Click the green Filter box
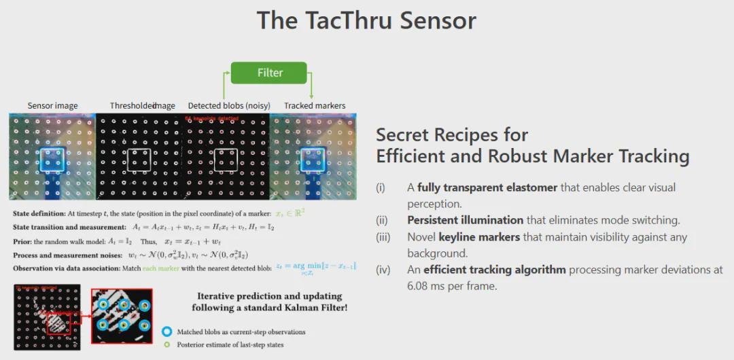pyautogui.click(x=270, y=73)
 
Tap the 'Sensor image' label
pyautogui.click(x=52, y=106)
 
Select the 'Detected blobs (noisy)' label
pyautogui.click(x=229, y=106)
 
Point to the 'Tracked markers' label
pyautogui.click(x=315, y=106)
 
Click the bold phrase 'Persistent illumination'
pyautogui.click(x=465, y=220)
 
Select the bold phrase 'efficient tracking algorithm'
pyautogui.click(x=494, y=270)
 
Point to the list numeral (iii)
pyautogui.click(x=384, y=237)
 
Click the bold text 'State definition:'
pyautogui.click(x=39, y=214)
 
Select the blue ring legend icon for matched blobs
pyautogui.click(x=167, y=332)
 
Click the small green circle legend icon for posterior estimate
pyautogui.click(x=167, y=344)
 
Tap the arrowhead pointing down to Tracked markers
pyautogui.click(x=311, y=96)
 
